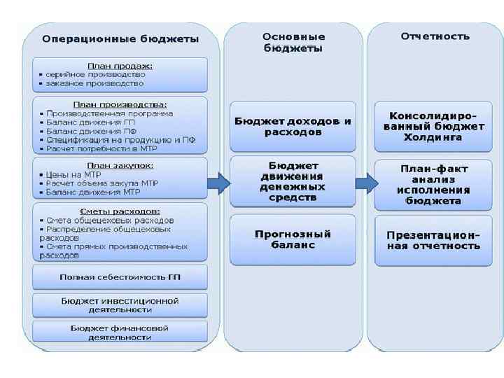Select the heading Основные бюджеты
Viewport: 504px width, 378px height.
tap(293, 42)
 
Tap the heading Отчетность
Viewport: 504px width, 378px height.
tap(435, 36)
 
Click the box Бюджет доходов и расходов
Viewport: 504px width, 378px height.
tap(293, 126)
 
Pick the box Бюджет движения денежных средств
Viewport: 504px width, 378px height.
tap(293, 183)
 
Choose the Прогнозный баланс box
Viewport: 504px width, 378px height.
tap(293, 239)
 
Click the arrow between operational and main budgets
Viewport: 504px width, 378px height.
tap(220, 183)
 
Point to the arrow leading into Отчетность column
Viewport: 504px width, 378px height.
tap(365, 183)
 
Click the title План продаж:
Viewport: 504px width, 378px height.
tap(120, 66)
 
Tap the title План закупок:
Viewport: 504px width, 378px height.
tap(120, 165)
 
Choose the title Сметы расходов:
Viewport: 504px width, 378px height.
tap(120, 211)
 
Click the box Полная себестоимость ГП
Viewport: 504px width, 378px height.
tap(120, 277)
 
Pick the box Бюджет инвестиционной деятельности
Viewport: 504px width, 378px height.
tap(120, 304)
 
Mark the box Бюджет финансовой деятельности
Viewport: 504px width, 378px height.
tap(120, 332)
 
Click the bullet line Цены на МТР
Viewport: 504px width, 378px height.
tap(73, 174)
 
